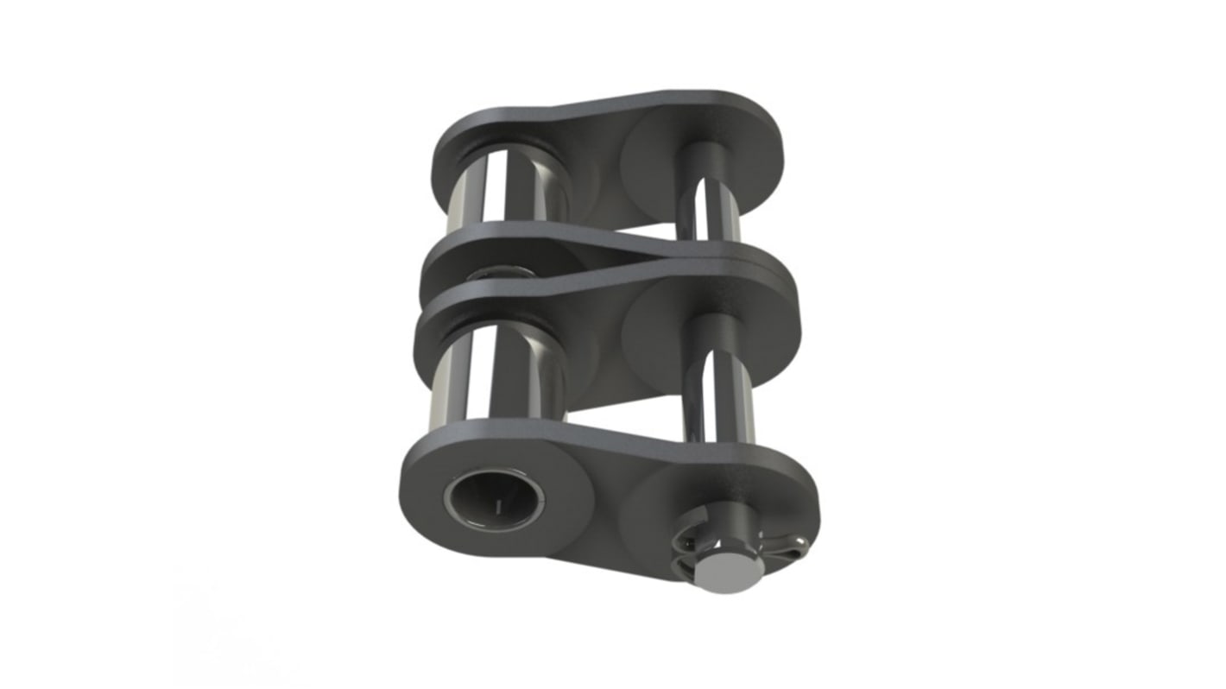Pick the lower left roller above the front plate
tap(501, 371)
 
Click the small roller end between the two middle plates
tap(501, 273)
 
